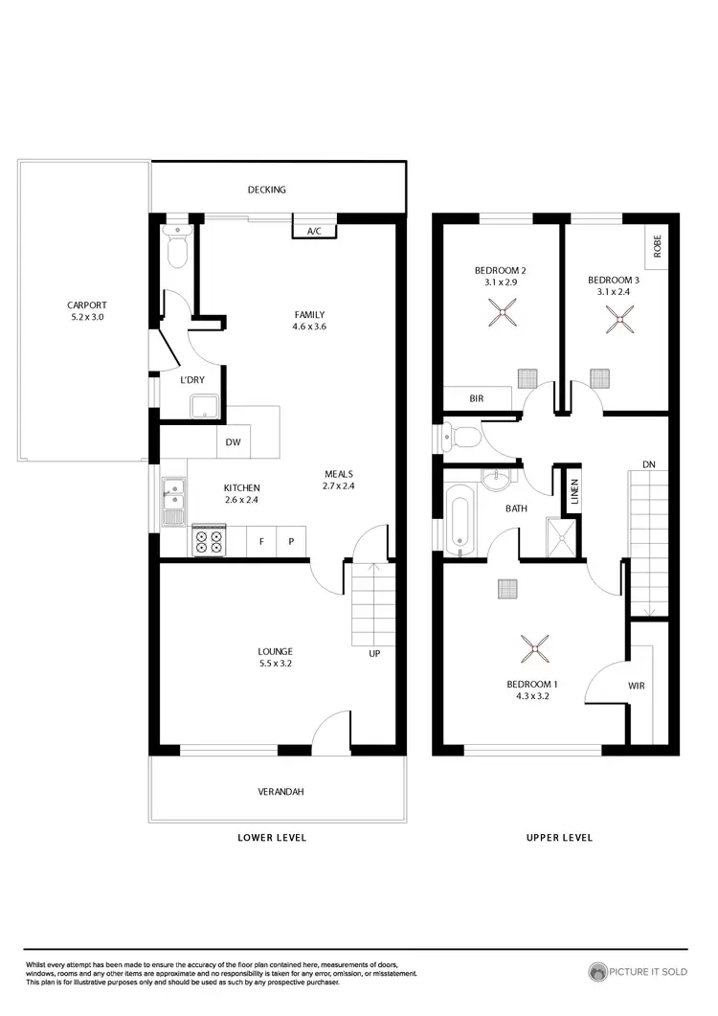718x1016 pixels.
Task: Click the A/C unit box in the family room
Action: [x=313, y=231]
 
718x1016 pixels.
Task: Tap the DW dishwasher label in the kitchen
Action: [x=233, y=442]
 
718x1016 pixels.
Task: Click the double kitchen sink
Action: [x=173, y=503]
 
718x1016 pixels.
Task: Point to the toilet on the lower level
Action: [x=178, y=249]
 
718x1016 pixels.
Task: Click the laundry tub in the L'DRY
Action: [x=205, y=406]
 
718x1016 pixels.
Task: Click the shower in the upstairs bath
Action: [x=557, y=537]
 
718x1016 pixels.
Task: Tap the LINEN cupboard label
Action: [x=574, y=493]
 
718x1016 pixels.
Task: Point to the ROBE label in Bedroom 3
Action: [x=657, y=247]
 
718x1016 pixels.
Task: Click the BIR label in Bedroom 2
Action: [x=476, y=398]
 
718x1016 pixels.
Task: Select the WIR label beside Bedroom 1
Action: [x=636, y=686]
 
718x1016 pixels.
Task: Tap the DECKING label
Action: [x=266, y=190]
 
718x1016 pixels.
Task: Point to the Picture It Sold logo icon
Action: [x=598, y=972]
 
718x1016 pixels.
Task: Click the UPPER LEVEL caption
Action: [x=559, y=837]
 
